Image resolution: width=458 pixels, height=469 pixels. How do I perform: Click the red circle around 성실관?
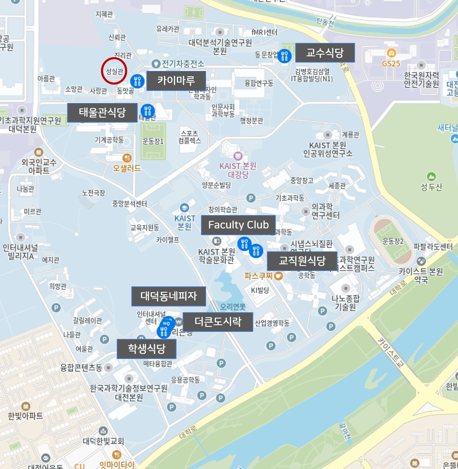(114, 71)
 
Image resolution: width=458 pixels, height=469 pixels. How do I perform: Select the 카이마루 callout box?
(176, 80)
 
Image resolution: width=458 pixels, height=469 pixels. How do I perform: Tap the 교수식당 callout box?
(325, 53)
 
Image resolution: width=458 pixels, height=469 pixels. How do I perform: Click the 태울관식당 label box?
(102, 113)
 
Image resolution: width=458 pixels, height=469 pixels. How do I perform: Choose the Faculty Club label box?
(238, 225)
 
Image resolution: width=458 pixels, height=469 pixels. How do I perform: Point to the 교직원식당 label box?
(302, 261)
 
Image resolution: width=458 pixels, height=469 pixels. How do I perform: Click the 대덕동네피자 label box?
(169, 296)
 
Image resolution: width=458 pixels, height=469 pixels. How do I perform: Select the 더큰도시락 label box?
(218, 322)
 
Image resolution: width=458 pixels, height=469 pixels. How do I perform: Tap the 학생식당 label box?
(146, 349)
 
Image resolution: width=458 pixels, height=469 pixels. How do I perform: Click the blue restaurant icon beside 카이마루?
(137, 81)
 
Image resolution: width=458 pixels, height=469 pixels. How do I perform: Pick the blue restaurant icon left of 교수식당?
(284, 56)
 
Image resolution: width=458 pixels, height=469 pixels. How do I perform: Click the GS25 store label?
(391, 63)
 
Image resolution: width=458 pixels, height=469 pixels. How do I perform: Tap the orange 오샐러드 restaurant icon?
(127, 158)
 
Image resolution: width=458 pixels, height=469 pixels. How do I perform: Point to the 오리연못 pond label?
(233, 307)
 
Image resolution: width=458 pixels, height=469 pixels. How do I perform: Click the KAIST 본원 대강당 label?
(238, 170)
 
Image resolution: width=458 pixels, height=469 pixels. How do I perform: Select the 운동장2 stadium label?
(393, 241)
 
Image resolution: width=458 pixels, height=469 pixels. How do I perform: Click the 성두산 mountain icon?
(431, 177)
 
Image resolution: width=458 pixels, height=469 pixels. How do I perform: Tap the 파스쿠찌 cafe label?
(259, 276)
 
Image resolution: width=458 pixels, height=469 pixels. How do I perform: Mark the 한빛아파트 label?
(25, 416)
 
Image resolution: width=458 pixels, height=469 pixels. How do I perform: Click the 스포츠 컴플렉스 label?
(190, 137)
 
